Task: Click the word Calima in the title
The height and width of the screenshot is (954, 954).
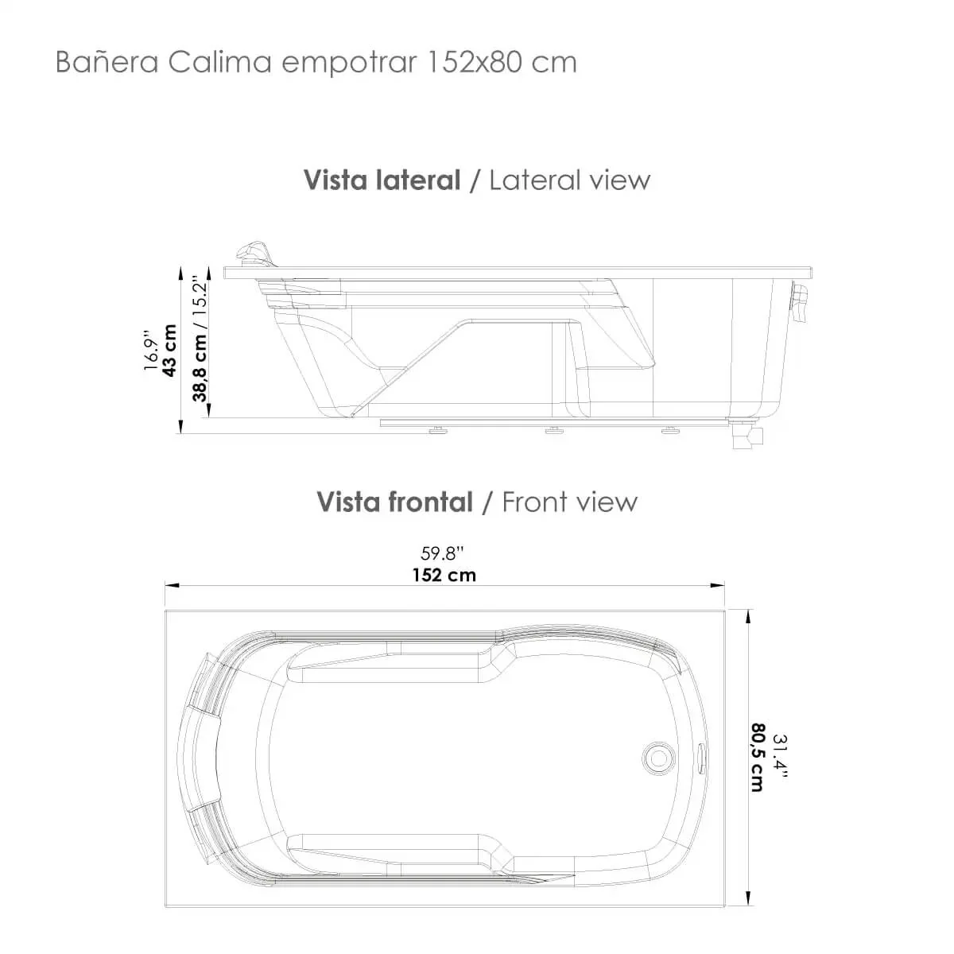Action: [219, 63]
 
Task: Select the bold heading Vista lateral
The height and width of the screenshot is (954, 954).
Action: [382, 180]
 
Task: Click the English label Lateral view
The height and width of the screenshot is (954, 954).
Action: [570, 180]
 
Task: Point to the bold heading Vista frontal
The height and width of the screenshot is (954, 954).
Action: [394, 502]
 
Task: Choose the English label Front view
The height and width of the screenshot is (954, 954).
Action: [570, 502]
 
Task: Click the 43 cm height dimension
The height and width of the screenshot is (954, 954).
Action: [169, 351]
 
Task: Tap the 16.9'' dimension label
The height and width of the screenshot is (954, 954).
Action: [150, 350]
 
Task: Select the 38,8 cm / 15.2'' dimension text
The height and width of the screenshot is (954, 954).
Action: [200, 339]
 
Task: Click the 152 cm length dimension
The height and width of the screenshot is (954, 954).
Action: [444, 576]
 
